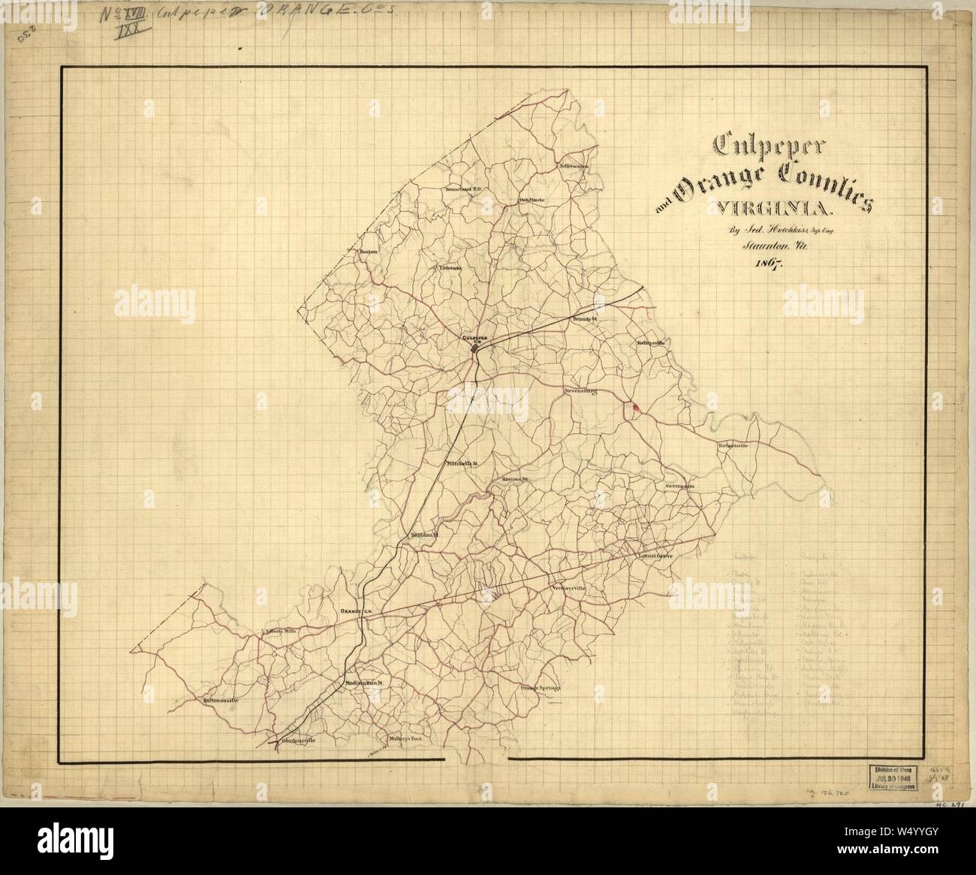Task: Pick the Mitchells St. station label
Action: pos(462,463)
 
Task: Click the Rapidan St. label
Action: pos(423,535)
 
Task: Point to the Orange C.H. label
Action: pos(357,612)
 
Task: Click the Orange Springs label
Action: pos(541,687)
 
